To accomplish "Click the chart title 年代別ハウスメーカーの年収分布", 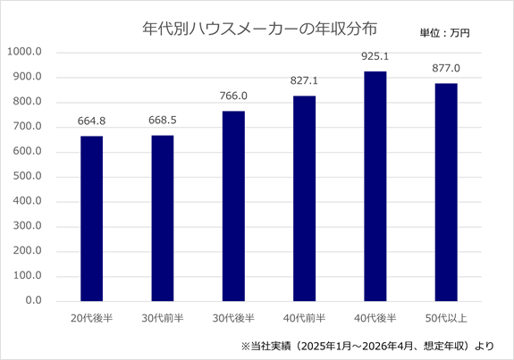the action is [259, 29].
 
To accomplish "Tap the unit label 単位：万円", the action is [445, 33].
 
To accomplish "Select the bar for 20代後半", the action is [92, 219].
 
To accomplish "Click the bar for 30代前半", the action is [163, 218].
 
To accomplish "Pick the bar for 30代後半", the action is [233, 206].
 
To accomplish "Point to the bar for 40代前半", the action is [304, 198].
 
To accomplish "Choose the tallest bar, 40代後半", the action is [375, 187].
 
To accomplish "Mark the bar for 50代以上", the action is [446, 192].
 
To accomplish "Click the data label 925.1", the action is [375, 56].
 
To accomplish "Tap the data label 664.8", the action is [91, 121].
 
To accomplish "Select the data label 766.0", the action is [233, 96].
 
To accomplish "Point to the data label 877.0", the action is [446, 68].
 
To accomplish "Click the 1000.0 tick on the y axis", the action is [25, 52].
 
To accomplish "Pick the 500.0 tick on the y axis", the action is [27, 176].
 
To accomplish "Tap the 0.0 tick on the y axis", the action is [33, 300].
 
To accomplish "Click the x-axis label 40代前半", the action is [304, 318].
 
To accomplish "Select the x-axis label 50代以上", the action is [446, 318].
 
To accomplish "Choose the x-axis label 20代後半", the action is [92, 318].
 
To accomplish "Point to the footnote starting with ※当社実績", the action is [367, 346].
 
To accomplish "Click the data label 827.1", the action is [304, 80].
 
